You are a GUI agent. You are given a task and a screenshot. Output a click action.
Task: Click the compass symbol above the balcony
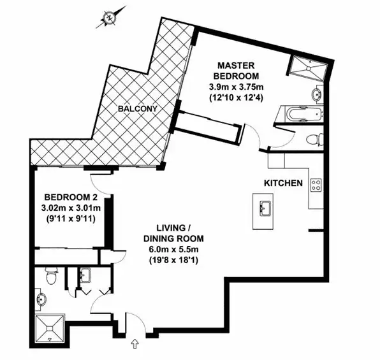pos(110,17)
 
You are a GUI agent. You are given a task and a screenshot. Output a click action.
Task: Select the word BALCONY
pos(138,109)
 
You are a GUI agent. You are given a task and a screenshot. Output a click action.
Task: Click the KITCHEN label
pos(283,184)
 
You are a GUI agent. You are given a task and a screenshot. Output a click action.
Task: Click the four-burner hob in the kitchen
pos(315,185)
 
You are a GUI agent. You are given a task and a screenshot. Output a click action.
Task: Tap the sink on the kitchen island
pos(265,208)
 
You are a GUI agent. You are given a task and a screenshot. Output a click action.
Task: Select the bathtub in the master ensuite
pos(300,117)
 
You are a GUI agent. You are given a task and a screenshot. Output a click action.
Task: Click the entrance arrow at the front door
pos(134,345)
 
